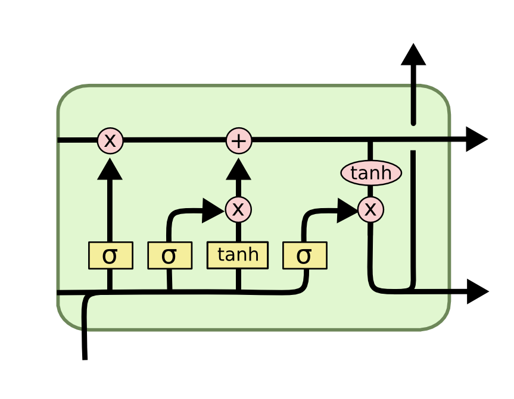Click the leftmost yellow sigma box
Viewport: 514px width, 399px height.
coord(110,256)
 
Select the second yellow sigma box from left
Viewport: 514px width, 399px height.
coord(170,256)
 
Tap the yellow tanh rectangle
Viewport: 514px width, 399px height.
coord(238,255)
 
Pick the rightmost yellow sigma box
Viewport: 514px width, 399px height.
coord(304,256)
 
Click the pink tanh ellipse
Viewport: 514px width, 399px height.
coord(371,173)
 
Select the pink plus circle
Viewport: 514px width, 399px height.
coord(239,141)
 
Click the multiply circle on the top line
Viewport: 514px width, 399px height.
coord(110,141)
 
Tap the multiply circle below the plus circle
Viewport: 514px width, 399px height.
coord(238,209)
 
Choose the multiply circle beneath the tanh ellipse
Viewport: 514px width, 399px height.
coord(370,209)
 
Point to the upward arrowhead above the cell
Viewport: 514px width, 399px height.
coord(413,55)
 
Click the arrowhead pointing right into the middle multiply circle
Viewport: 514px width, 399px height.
coord(213,210)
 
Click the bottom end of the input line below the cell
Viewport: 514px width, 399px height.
coord(85,357)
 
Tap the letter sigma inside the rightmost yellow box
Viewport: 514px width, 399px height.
coord(304,256)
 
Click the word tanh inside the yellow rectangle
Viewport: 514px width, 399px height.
coord(238,255)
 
